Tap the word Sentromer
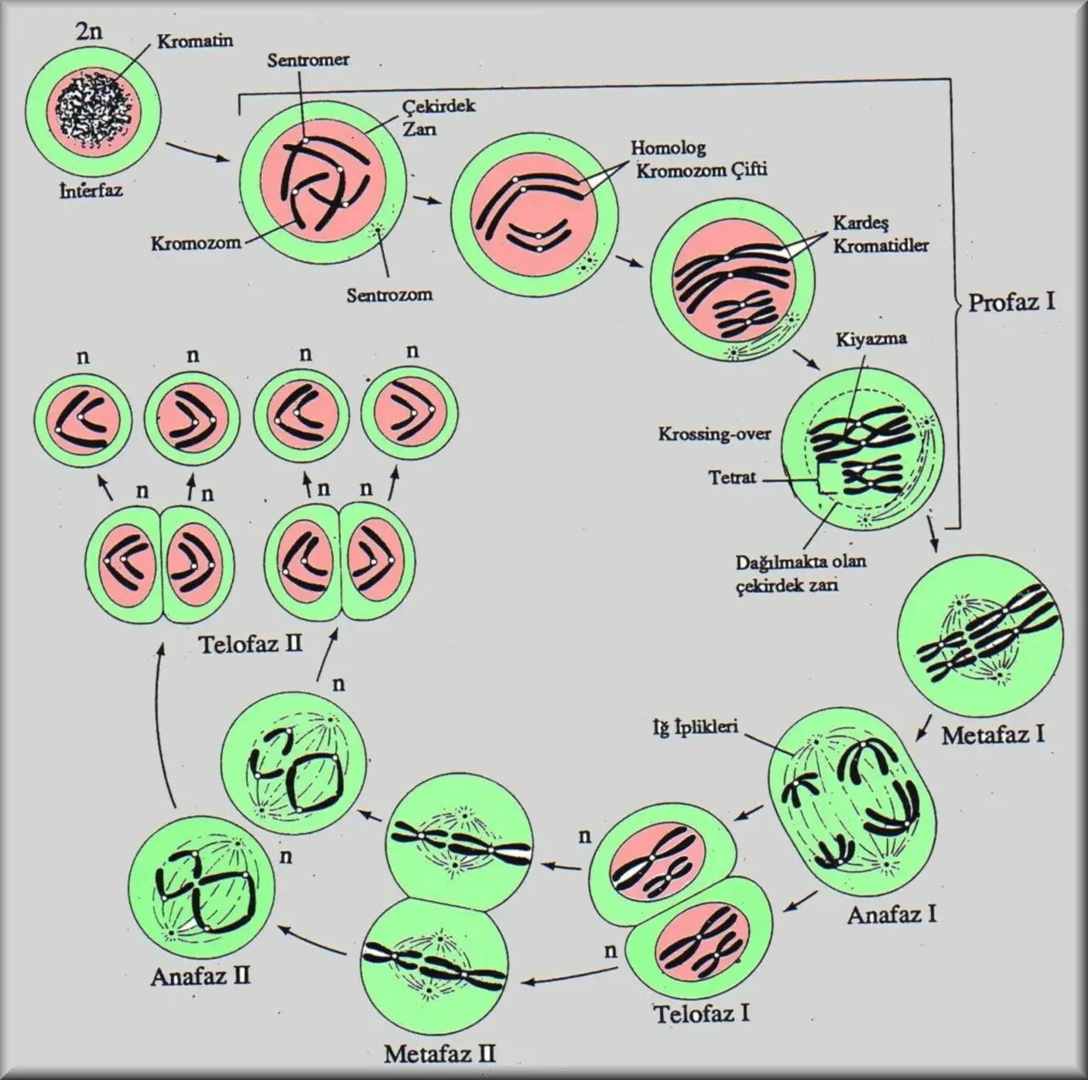[308, 60]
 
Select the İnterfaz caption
[91, 190]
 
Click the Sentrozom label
[389, 295]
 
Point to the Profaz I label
[1011, 302]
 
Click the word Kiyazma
[871, 339]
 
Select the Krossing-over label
[714, 434]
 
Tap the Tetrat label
[731, 477]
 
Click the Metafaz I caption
[993, 734]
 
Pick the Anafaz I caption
[892, 915]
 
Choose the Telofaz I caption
[702, 1013]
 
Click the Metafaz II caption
[440, 1054]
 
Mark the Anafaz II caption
[200, 976]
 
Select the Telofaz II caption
[251, 644]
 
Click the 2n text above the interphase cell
[90, 33]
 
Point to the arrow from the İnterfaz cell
[198, 152]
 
